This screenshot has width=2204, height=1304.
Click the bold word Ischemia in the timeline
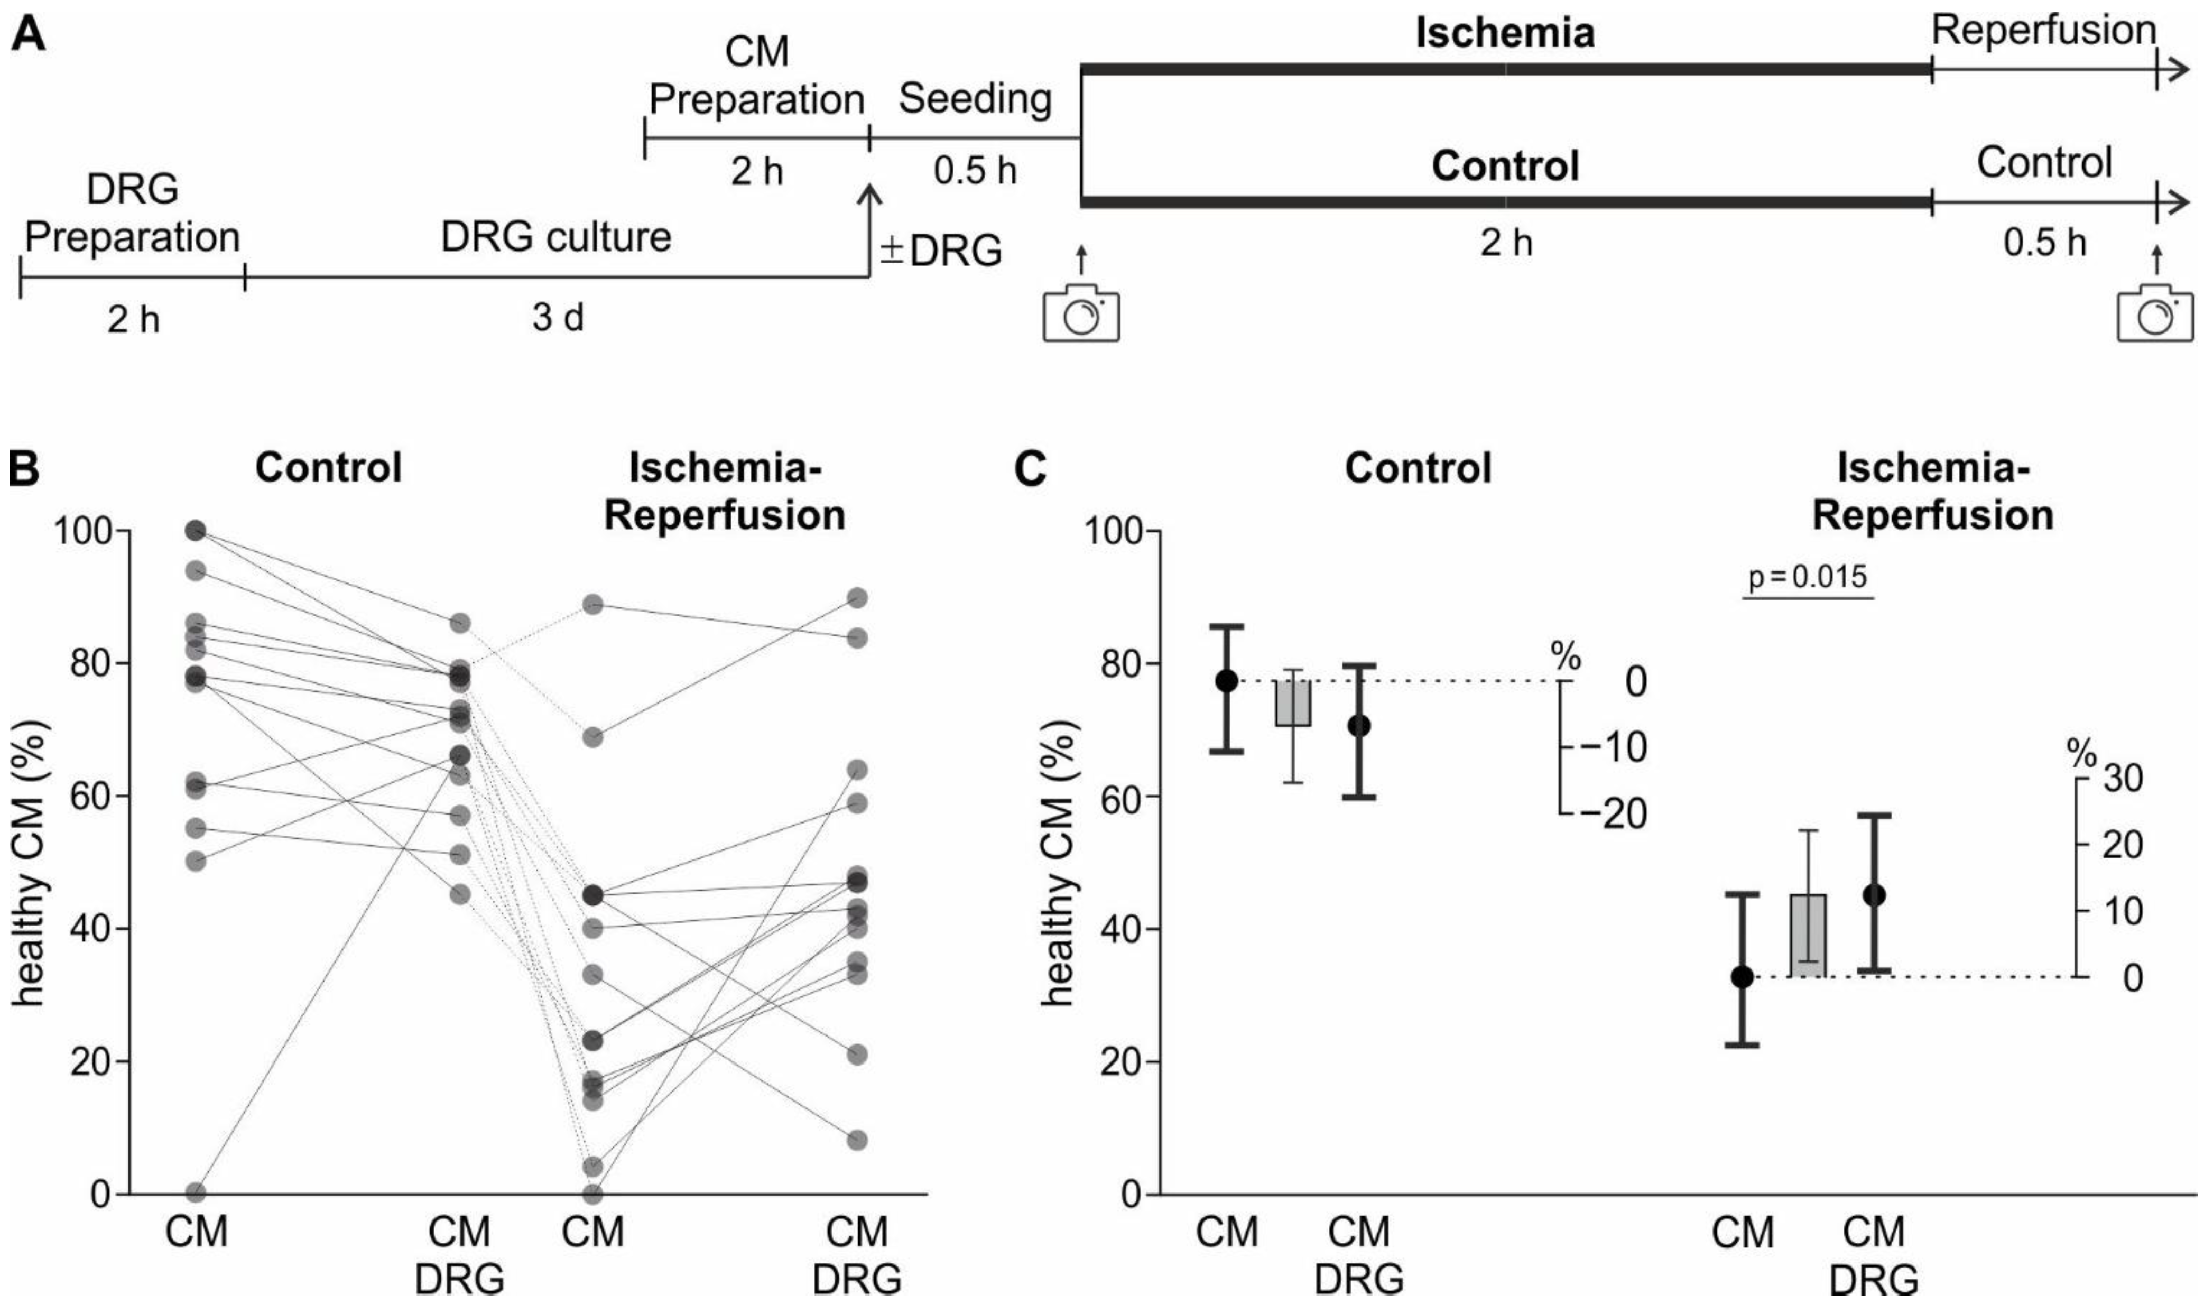tap(1505, 33)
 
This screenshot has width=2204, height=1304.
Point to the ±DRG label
tap(941, 251)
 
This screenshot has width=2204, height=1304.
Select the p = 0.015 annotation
tap(1808, 577)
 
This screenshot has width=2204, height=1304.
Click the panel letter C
tap(1030, 469)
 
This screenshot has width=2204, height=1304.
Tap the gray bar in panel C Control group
tap(1293, 703)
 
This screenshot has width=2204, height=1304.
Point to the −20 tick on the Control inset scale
tap(1612, 813)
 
